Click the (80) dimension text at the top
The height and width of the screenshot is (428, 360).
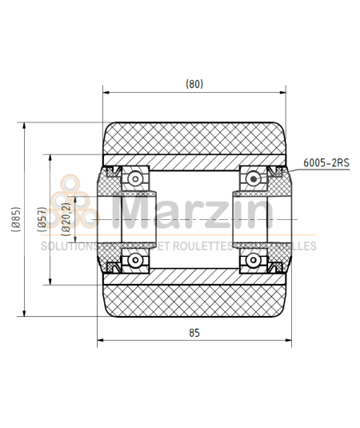(x=194, y=83)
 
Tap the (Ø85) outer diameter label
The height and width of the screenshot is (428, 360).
(x=16, y=220)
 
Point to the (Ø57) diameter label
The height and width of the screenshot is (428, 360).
(x=42, y=220)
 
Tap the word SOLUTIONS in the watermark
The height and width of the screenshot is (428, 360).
(x=68, y=246)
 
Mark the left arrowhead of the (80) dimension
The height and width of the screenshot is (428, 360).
(x=106, y=94)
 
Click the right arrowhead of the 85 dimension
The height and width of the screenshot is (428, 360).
(x=286, y=342)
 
